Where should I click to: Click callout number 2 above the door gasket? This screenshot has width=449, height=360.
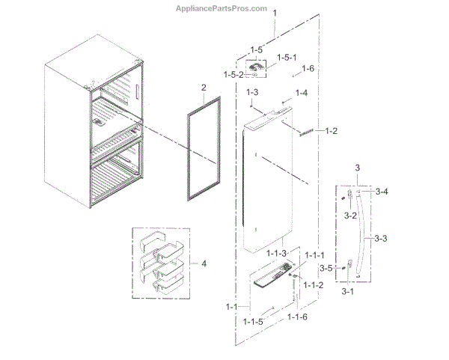(203, 89)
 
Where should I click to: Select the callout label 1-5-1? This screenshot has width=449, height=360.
(287, 58)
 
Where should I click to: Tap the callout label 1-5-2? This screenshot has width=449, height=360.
(234, 73)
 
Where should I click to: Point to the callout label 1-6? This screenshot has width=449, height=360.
(308, 70)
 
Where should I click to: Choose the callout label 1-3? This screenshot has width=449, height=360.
(252, 92)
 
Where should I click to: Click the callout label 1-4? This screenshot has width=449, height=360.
(301, 93)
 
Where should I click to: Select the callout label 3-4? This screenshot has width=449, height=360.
(381, 192)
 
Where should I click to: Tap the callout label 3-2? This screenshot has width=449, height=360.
(350, 215)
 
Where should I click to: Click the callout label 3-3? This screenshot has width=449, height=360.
(380, 239)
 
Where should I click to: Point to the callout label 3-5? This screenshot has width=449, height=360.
(326, 267)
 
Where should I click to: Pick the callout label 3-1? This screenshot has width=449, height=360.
(347, 290)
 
